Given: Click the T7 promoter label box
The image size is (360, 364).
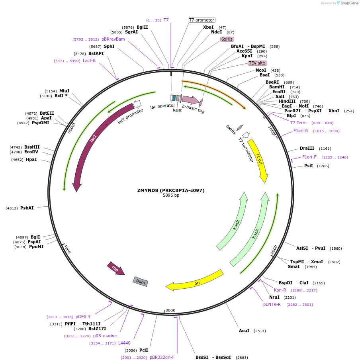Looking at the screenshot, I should tap(202, 20).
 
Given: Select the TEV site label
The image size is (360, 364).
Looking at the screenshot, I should tap(257, 63).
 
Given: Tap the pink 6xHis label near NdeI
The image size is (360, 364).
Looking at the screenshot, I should tap(227, 39).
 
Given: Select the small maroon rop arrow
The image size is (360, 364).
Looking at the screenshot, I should tap(115, 268).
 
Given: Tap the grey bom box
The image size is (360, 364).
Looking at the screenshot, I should tap(141, 282).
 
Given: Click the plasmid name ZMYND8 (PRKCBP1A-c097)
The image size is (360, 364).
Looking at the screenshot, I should tap(171, 190).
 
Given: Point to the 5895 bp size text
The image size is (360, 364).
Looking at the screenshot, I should tap(171, 196).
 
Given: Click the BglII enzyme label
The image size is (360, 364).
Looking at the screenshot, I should tap(142, 27).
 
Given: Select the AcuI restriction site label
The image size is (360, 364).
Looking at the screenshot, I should tap(244, 331).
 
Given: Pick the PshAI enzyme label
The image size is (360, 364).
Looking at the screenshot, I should tap(27, 208).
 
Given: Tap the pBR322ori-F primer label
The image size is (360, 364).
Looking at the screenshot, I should tap(162, 357).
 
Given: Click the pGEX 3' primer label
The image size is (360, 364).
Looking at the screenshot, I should tap(84, 317).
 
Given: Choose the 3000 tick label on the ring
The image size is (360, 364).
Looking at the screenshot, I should tap(170, 310).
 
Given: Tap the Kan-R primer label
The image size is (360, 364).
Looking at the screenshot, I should tap(280, 290).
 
